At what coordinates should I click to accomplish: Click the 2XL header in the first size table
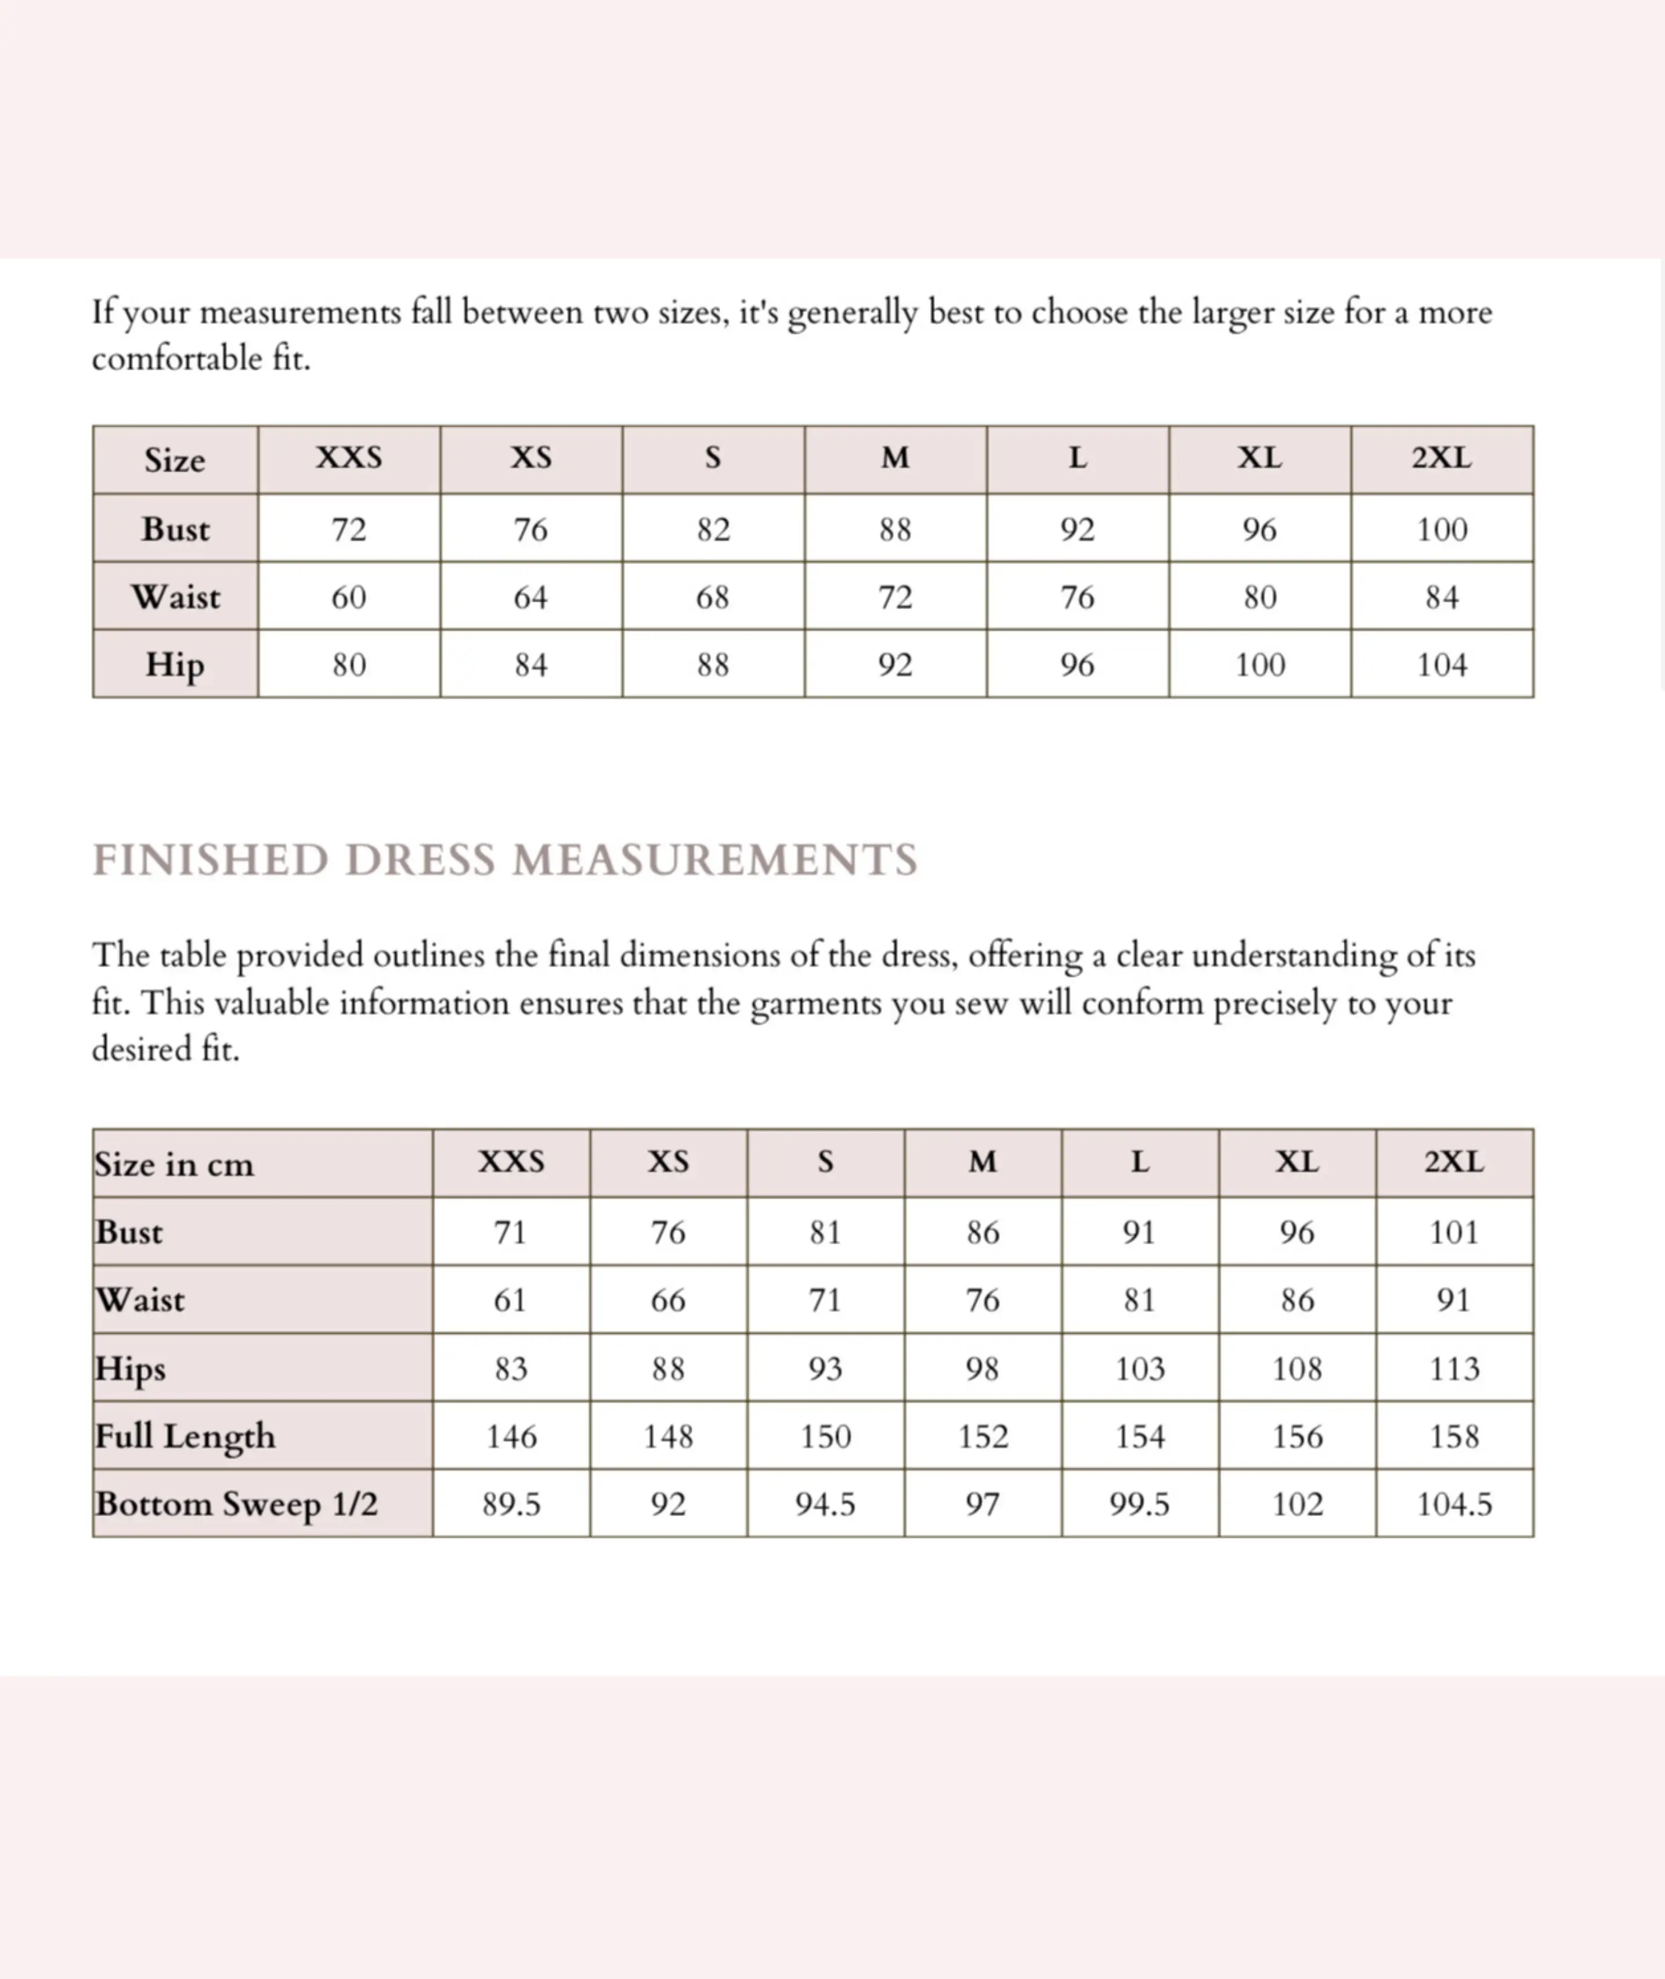tap(1442, 458)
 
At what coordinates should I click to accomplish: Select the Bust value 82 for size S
tap(714, 529)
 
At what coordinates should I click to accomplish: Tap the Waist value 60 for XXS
tap(348, 597)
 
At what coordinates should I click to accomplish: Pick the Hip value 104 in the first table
tap(1442, 665)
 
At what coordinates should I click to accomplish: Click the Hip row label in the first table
tap(175, 665)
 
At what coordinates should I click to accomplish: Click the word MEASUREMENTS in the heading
tap(714, 860)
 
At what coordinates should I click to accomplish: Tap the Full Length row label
tap(186, 1436)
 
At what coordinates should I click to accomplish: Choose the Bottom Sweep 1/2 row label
tap(236, 1504)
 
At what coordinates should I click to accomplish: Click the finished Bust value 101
tap(1454, 1233)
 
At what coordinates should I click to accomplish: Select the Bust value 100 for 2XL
tap(1442, 529)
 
